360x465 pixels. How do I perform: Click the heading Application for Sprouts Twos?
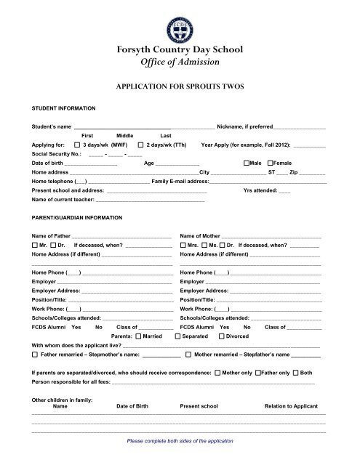[x=180, y=84]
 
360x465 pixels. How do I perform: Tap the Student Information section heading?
[x=63, y=108]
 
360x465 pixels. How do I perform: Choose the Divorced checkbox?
[x=220, y=336]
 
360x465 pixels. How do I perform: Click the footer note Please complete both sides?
[x=180, y=441]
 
